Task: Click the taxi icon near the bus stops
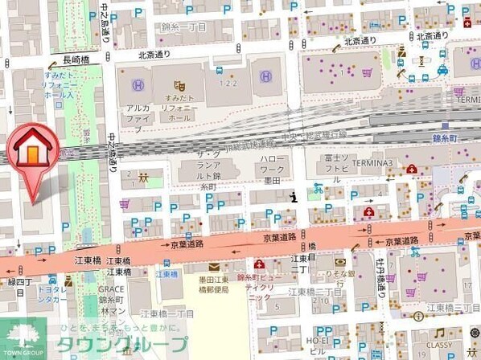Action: pos(442,70)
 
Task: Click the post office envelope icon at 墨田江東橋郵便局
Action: pos(213,266)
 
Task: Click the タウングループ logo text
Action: pos(121,344)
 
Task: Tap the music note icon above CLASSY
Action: pos(439,333)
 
